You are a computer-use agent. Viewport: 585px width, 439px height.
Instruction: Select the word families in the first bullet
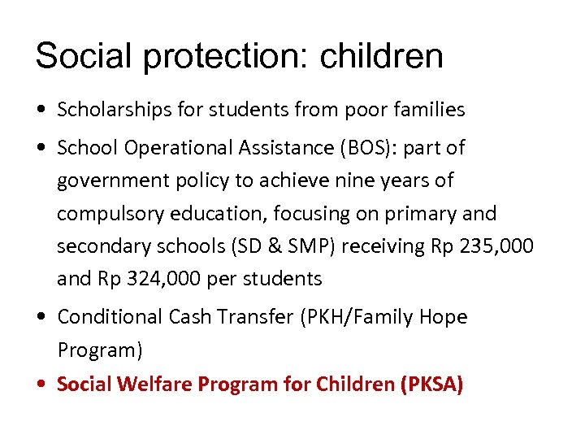[426, 110]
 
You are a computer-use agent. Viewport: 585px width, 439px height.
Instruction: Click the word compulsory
[106, 214]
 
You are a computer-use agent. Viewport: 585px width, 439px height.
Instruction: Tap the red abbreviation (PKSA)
[431, 384]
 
